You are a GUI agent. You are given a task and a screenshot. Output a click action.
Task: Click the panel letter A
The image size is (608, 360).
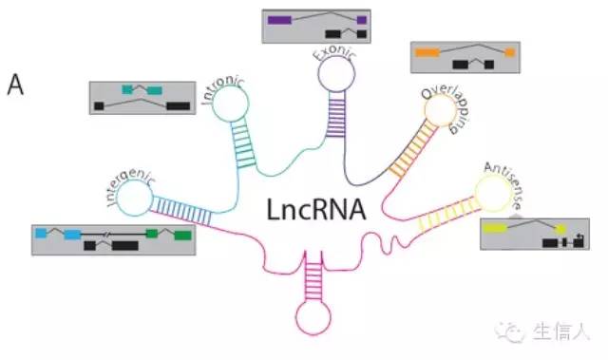(16, 85)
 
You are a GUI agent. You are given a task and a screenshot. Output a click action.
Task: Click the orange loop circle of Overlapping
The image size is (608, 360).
(438, 109)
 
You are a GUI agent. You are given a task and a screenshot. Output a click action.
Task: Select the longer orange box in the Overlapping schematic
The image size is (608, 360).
(426, 51)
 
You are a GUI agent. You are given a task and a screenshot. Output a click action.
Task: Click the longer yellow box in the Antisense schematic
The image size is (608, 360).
(497, 228)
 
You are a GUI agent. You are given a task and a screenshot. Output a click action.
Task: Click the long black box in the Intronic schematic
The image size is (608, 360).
(177, 104)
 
